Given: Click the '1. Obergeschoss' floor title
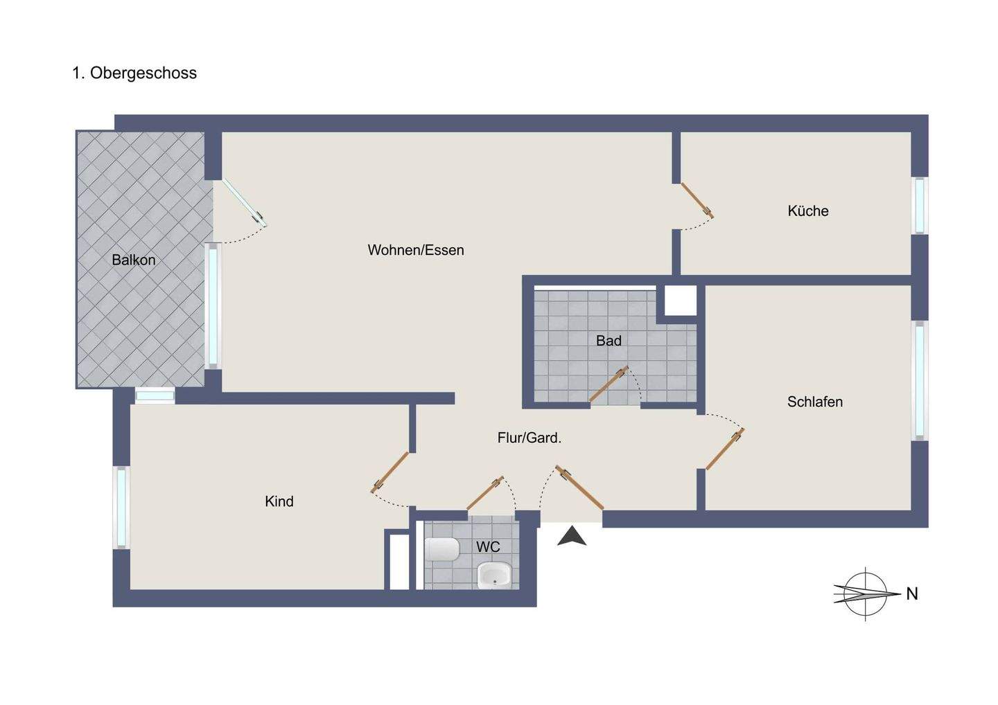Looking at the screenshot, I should [134, 73].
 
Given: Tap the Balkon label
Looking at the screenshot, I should [134, 260].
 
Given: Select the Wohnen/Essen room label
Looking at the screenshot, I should [416, 250].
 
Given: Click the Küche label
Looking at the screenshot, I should [807, 211].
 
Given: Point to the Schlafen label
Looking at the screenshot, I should [814, 402].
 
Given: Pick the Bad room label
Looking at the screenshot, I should [609, 341].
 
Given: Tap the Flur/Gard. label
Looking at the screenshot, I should [529, 438].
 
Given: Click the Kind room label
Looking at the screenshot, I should [279, 501].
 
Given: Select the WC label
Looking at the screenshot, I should [488, 547].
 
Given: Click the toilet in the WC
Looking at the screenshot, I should [442, 551].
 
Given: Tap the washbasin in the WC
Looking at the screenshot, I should [494, 574].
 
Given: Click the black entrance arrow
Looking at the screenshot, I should [572, 536].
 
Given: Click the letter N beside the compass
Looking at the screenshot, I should [912, 594].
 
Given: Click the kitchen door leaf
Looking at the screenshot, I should [697, 199].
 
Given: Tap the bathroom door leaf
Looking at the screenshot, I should [609, 384].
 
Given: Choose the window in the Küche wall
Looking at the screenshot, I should [919, 206].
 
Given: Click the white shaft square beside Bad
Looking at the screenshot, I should [681, 301].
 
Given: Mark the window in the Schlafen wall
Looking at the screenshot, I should [919, 380].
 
